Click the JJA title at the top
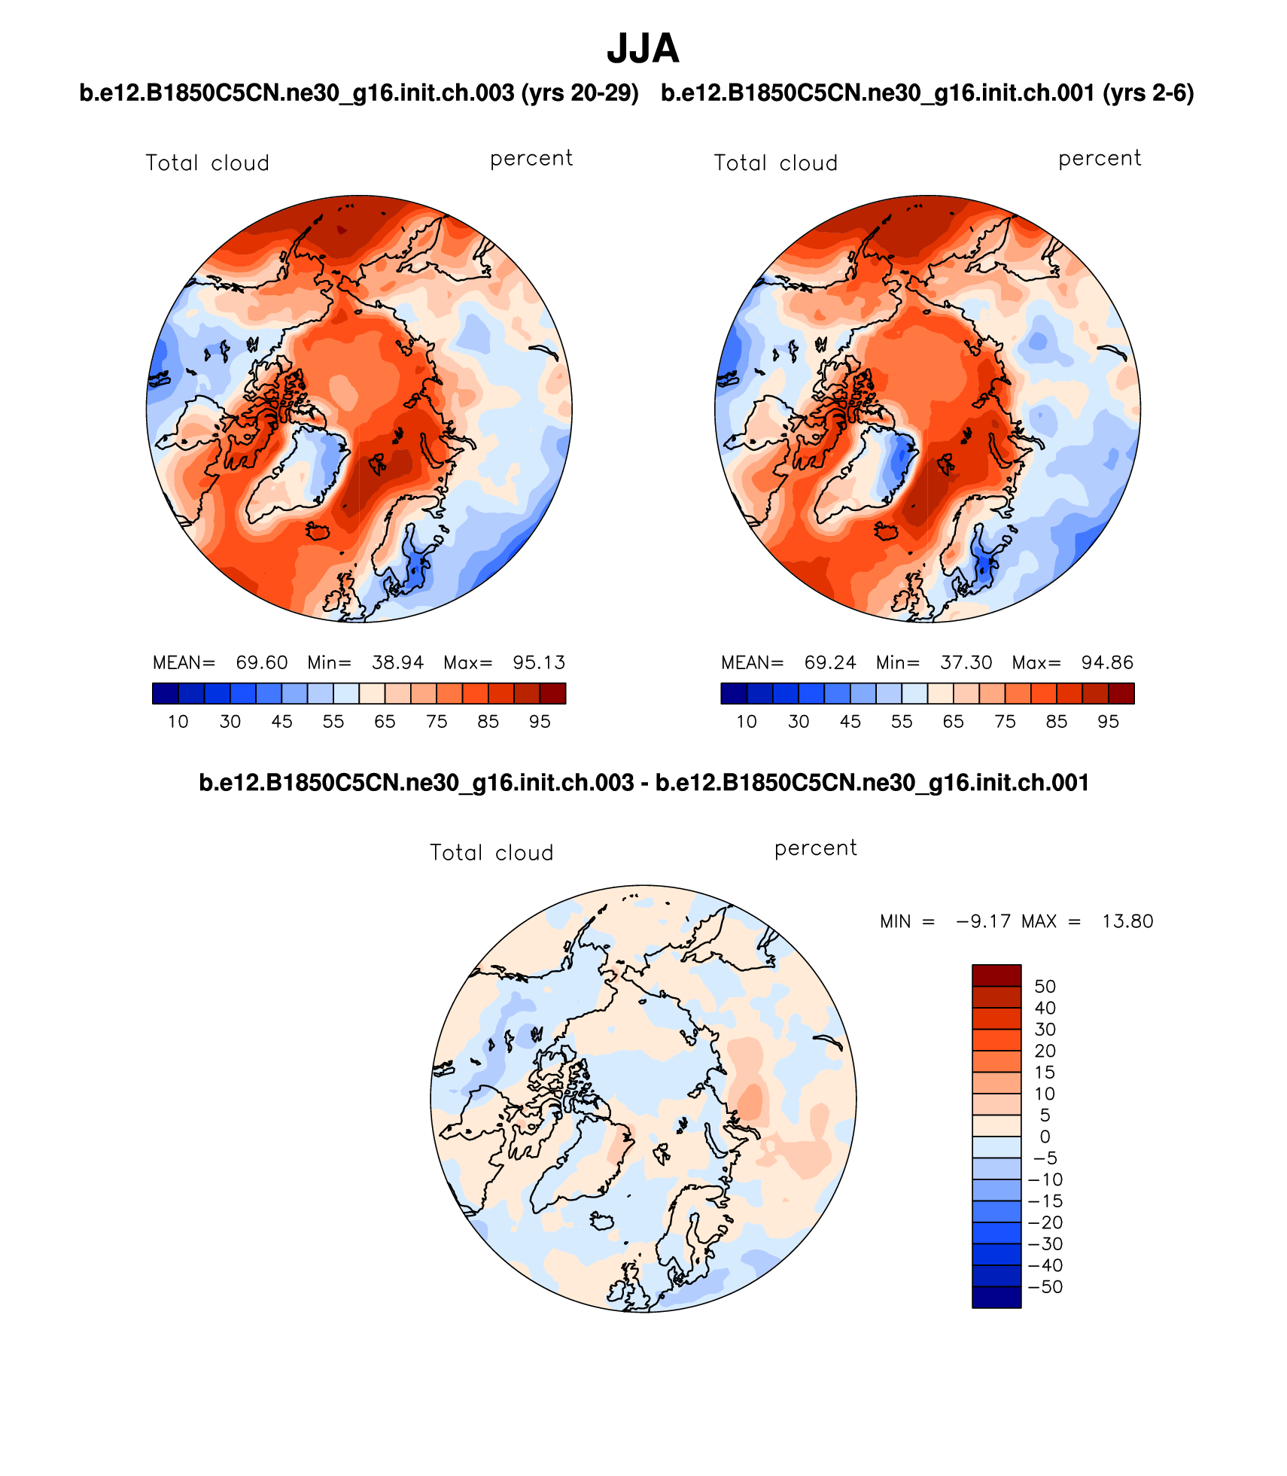click(643, 49)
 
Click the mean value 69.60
click(261, 662)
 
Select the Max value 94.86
click(1107, 662)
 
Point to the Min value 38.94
click(397, 662)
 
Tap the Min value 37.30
click(966, 662)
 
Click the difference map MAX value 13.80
click(1127, 921)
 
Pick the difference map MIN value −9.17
click(983, 921)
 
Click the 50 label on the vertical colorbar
click(1045, 987)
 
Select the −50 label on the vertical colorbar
click(1045, 1287)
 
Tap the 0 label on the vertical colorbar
click(1045, 1137)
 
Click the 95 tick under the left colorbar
click(540, 722)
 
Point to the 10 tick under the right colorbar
click(747, 722)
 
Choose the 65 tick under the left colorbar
click(385, 722)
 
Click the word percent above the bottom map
click(816, 848)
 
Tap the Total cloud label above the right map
click(775, 163)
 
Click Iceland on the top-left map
click(318, 531)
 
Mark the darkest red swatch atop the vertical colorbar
click(996, 975)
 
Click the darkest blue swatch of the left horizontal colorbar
click(166, 693)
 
